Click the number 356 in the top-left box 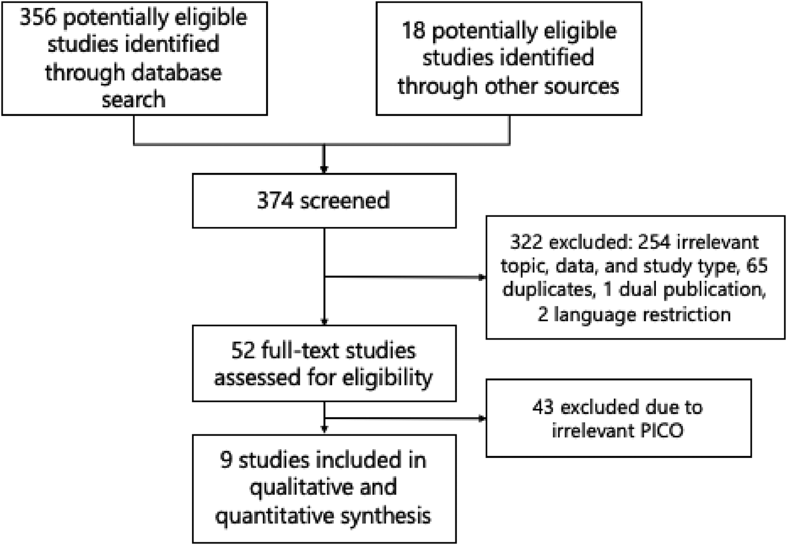[38, 17]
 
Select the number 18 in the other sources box [413, 30]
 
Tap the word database [177, 72]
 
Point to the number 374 [275, 201]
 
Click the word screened [345, 201]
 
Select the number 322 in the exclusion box [527, 242]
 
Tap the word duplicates [548, 289]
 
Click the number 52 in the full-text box [243, 351]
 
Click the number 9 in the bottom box [226, 460]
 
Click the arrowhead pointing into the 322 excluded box [482, 277]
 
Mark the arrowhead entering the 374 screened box [324, 169]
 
